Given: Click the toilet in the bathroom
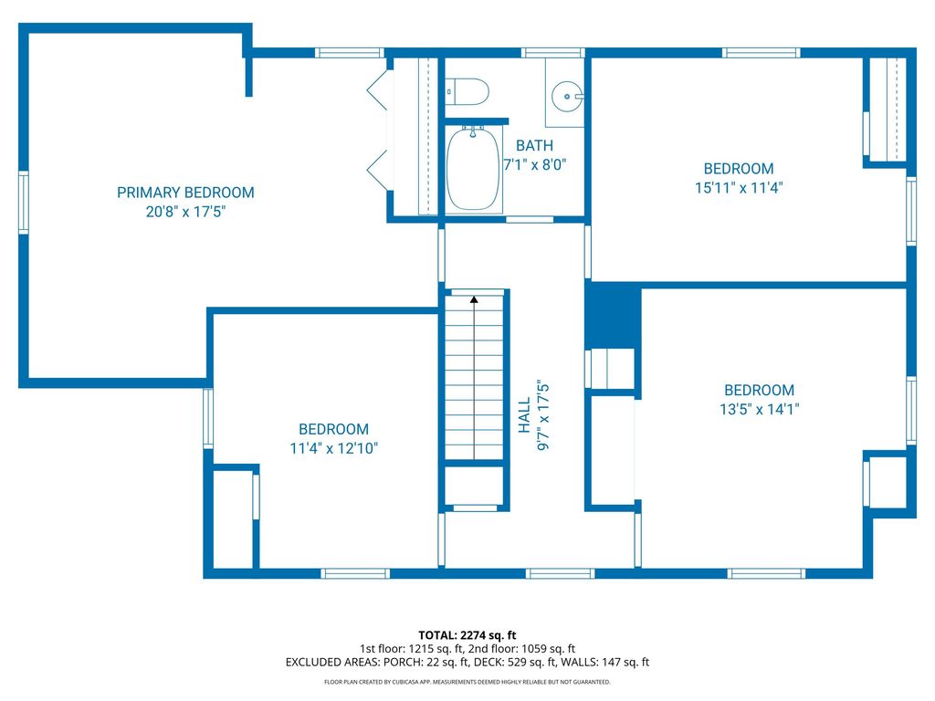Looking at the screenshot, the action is (x=467, y=92).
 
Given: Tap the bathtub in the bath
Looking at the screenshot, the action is (x=474, y=169).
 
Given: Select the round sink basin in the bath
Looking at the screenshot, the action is (x=566, y=96).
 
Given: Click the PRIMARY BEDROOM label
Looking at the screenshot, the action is (x=185, y=193).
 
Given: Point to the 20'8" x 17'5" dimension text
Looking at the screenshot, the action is (x=185, y=212).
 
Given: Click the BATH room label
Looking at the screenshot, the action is (x=534, y=145).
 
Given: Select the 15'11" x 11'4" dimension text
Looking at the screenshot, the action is (x=738, y=188).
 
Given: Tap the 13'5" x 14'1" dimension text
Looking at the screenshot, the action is (x=759, y=409).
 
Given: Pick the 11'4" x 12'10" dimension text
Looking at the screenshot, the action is (x=334, y=448).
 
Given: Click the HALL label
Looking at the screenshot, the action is (x=524, y=415).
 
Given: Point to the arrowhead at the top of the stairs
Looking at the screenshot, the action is (x=474, y=299).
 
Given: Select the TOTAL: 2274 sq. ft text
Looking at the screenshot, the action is (x=467, y=635).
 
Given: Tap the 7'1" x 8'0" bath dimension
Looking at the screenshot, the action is (x=534, y=164).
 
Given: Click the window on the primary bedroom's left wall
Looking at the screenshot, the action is (x=23, y=202).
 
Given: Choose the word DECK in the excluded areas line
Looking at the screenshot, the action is (x=489, y=663).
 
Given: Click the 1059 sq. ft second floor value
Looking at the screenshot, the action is (x=548, y=649).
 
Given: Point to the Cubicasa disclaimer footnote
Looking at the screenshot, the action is (x=467, y=682).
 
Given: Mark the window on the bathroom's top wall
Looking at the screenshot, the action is (x=552, y=52).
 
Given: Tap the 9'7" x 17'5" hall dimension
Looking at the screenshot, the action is (x=543, y=415).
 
